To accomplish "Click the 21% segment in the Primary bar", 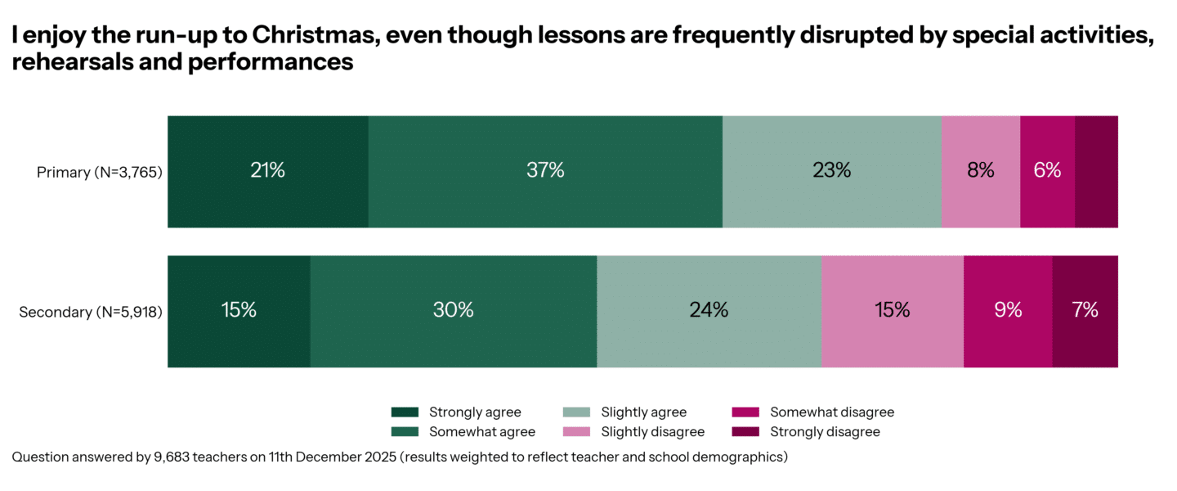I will [267, 171].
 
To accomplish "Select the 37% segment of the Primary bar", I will [545, 171].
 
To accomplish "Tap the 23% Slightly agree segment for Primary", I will [831, 171].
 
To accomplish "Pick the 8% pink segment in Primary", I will [980, 171].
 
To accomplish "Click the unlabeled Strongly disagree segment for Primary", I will [1096, 171].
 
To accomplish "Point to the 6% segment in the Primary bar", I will [1047, 171].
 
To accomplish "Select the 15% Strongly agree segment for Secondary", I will [239, 311].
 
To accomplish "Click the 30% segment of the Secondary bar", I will [454, 311].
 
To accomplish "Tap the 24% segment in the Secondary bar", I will [709, 311].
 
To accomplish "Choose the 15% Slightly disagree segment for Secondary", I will [892, 311].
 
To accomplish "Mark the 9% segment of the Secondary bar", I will [1008, 311].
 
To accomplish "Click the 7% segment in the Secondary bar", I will [1085, 311].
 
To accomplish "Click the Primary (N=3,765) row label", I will [100, 173].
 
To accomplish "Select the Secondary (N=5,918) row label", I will [91, 312].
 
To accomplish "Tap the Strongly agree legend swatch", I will [405, 412].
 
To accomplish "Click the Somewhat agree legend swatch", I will [405, 431].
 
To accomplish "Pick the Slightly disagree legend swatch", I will [577, 431].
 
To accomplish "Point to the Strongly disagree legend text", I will [825, 431].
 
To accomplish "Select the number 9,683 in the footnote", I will [174, 457].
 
